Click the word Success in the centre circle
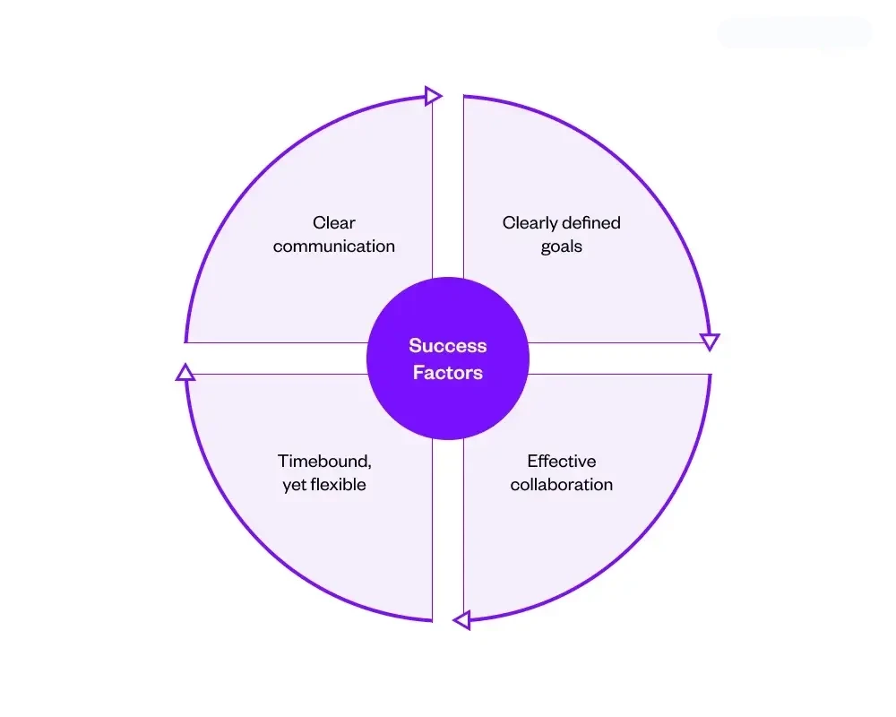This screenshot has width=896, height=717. (x=448, y=346)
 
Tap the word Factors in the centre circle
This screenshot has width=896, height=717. (x=448, y=373)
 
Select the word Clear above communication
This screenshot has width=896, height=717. (x=334, y=223)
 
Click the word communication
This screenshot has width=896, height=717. (x=334, y=246)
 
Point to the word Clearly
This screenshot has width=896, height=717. (x=531, y=223)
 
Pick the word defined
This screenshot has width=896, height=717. (x=592, y=223)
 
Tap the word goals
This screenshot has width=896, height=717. (x=562, y=246)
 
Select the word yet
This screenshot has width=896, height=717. (x=295, y=485)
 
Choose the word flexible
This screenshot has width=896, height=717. (x=339, y=485)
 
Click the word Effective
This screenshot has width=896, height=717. (x=562, y=462)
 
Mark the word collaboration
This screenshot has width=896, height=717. (x=562, y=485)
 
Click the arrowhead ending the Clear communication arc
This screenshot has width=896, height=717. (x=434, y=96)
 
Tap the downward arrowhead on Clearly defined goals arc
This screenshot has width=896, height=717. (x=710, y=341)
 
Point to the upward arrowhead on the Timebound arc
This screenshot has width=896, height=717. (x=185, y=372)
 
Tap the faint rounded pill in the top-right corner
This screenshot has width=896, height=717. (x=794, y=33)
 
